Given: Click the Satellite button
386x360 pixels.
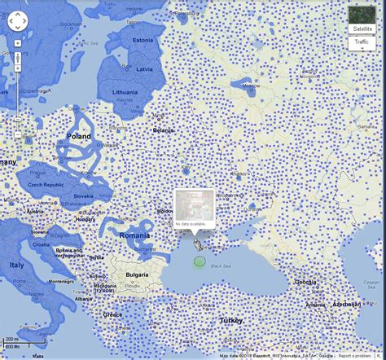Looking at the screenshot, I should [362, 29].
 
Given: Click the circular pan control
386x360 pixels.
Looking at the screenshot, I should [18, 21].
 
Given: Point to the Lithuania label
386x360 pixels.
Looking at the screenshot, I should [125, 93].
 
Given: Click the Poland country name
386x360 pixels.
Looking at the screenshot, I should [80, 137].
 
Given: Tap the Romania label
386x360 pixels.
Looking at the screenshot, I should [134, 235].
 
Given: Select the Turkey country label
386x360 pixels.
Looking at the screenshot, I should [230, 321].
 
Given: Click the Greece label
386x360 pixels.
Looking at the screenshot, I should [113, 314].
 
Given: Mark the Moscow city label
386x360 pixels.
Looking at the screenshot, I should [250, 86].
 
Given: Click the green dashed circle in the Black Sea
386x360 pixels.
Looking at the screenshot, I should [199, 261].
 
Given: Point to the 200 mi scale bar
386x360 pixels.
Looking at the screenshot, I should [11, 340].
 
